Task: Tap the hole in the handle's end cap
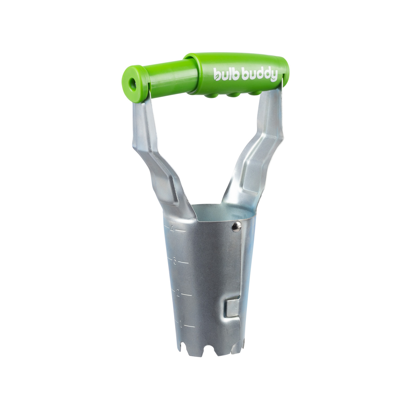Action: pyautogui.click(x=133, y=84)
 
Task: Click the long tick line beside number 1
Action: pyautogui.click(x=190, y=326)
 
